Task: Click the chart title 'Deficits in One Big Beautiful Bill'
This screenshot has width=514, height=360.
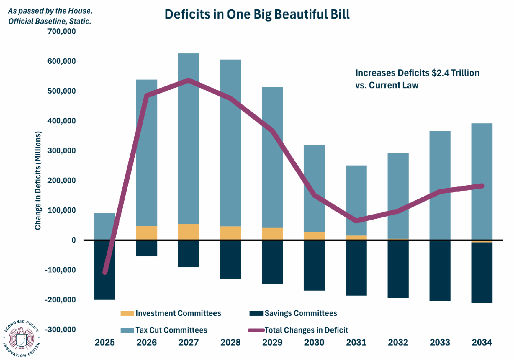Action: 257,14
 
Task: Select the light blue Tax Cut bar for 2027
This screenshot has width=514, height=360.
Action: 189,139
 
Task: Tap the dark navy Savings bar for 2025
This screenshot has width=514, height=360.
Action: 105,270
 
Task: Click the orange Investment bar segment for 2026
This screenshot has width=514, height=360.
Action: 146,233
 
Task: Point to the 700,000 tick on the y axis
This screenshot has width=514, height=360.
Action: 61,31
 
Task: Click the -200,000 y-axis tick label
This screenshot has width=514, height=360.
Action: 60,300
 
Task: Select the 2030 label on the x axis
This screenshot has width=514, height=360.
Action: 314,342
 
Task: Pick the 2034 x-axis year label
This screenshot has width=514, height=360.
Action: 482,342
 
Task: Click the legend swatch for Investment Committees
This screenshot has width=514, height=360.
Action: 127,313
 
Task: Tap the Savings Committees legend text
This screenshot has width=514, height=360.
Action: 301,313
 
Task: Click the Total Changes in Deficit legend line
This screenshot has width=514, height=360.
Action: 256,330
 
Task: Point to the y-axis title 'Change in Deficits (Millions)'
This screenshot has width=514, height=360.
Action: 38,180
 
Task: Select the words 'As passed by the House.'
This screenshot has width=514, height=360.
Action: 50,11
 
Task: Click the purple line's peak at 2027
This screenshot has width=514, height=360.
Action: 188,80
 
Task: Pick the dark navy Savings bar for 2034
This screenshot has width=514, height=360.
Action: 482,273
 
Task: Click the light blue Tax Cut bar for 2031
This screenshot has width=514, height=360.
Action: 356,201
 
